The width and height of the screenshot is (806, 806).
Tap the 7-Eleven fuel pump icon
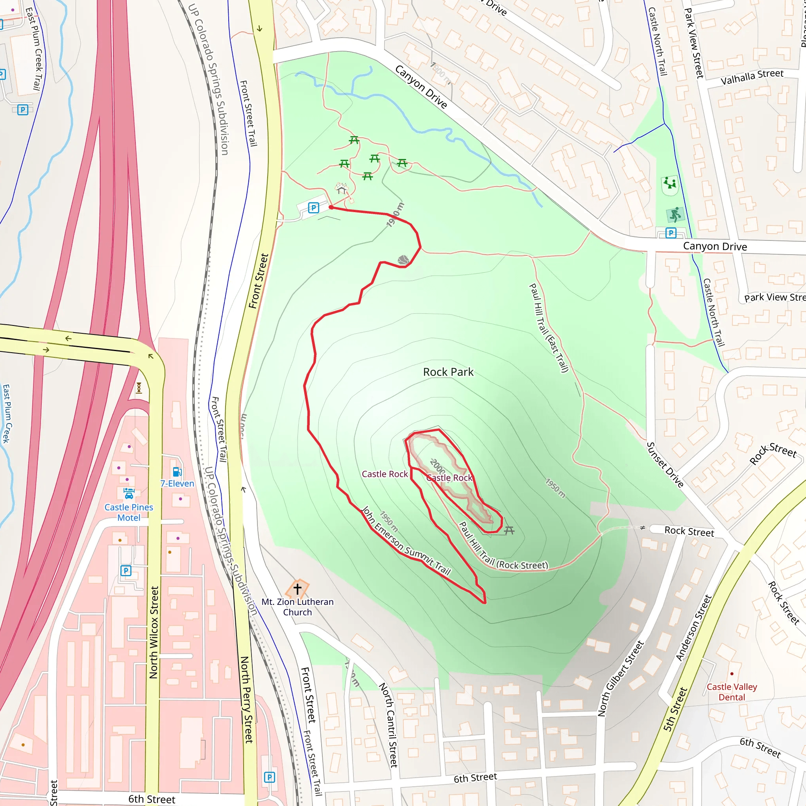(177, 472)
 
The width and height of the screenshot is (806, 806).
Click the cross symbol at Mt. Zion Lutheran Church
(298, 589)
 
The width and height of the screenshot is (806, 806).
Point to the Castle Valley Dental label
(732, 692)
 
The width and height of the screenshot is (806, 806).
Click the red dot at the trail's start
(331, 207)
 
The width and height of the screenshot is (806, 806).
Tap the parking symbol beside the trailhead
(313, 207)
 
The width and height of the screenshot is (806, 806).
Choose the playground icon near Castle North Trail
(669, 183)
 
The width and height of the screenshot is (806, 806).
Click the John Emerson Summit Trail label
(406, 541)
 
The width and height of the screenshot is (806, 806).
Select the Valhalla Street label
(752, 77)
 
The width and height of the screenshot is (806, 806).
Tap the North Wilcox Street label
(154, 632)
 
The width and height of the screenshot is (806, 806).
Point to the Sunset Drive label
(665, 465)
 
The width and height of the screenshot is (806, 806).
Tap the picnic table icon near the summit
(509, 531)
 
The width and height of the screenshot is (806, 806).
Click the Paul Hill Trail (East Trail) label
(549, 328)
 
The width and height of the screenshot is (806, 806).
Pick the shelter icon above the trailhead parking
(342, 189)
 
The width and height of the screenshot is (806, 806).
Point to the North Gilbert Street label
(621, 678)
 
